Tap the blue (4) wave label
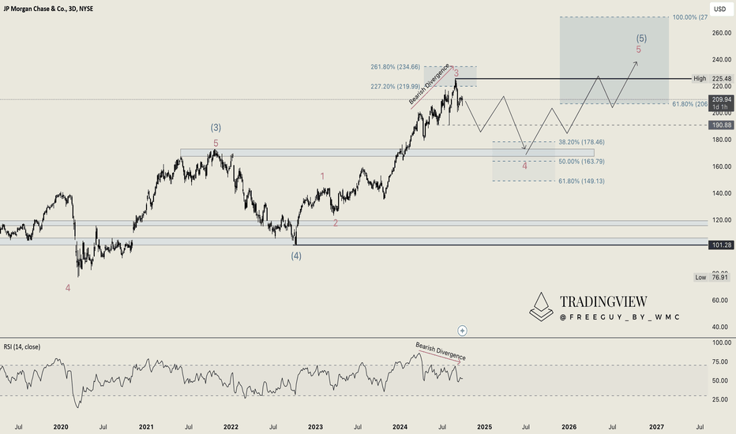[296, 256]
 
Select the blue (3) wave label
[215, 127]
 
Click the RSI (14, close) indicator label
[21, 346]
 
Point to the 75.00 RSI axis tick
[719, 361]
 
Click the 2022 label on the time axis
[231, 426]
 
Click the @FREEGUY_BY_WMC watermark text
[619, 317]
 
